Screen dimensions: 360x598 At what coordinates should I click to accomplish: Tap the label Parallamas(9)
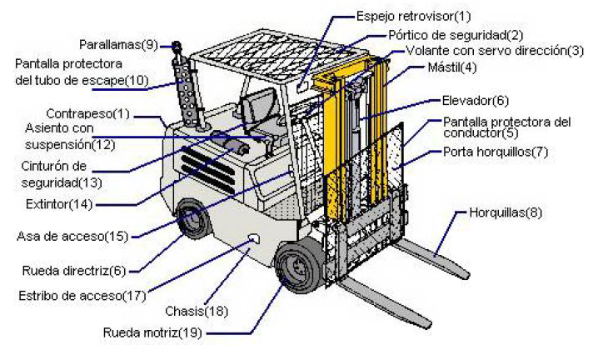tap(118, 43)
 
